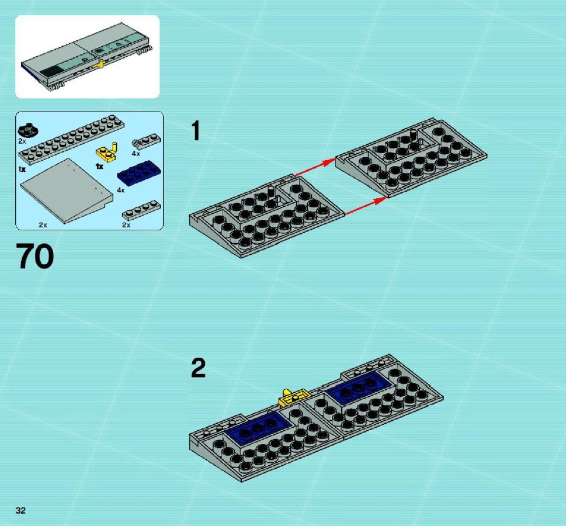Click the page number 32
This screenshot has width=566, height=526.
pyautogui.click(x=20, y=510)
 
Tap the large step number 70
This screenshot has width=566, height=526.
pyautogui.click(x=35, y=256)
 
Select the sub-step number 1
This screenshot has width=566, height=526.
pyautogui.click(x=195, y=131)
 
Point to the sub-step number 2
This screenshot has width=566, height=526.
pyautogui.click(x=198, y=368)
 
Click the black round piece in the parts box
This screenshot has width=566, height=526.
pyautogui.click(x=28, y=129)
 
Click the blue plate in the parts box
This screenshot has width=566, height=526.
pyautogui.click(x=139, y=172)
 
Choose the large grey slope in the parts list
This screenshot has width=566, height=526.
pyautogui.click(x=67, y=190)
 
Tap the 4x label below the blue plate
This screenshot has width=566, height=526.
pyautogui.click(x=120, y=190)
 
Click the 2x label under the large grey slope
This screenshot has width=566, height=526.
pyautogui.click(x=43, y=225)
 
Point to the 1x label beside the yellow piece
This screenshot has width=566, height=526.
pyautogui.click(x=99, y=167)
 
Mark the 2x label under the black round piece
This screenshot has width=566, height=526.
pyautogui.click(x=22, y=141)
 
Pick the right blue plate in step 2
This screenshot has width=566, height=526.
pyautogui.click(x=359, y=387)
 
